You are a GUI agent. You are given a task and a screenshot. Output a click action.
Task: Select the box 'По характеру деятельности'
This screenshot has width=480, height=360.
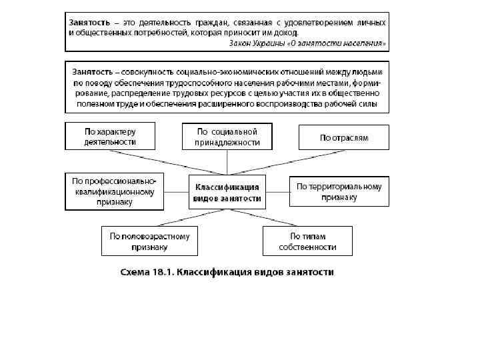click(110, 136)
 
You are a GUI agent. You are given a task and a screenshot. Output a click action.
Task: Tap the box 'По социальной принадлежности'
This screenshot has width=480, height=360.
click(227, 137)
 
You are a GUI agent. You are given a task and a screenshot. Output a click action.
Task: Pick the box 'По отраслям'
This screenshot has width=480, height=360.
click(343, 137)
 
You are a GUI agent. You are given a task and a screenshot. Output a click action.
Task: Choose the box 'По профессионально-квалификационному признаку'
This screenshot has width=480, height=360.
click(113, 191)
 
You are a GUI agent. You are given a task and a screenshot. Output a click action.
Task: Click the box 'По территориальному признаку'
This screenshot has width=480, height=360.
click(339, 191)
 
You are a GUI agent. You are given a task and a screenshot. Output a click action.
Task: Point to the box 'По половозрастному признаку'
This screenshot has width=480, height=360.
click(150, 241)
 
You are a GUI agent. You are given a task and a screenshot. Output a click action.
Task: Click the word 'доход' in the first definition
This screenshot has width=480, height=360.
click(285, 32)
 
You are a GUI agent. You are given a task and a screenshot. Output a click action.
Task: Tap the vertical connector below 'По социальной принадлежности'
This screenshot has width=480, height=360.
click(227, 162)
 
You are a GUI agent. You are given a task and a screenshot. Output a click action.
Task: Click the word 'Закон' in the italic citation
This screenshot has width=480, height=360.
click(241, 43)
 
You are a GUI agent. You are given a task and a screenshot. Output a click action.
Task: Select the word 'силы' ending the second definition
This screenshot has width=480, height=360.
click(369, 103)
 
